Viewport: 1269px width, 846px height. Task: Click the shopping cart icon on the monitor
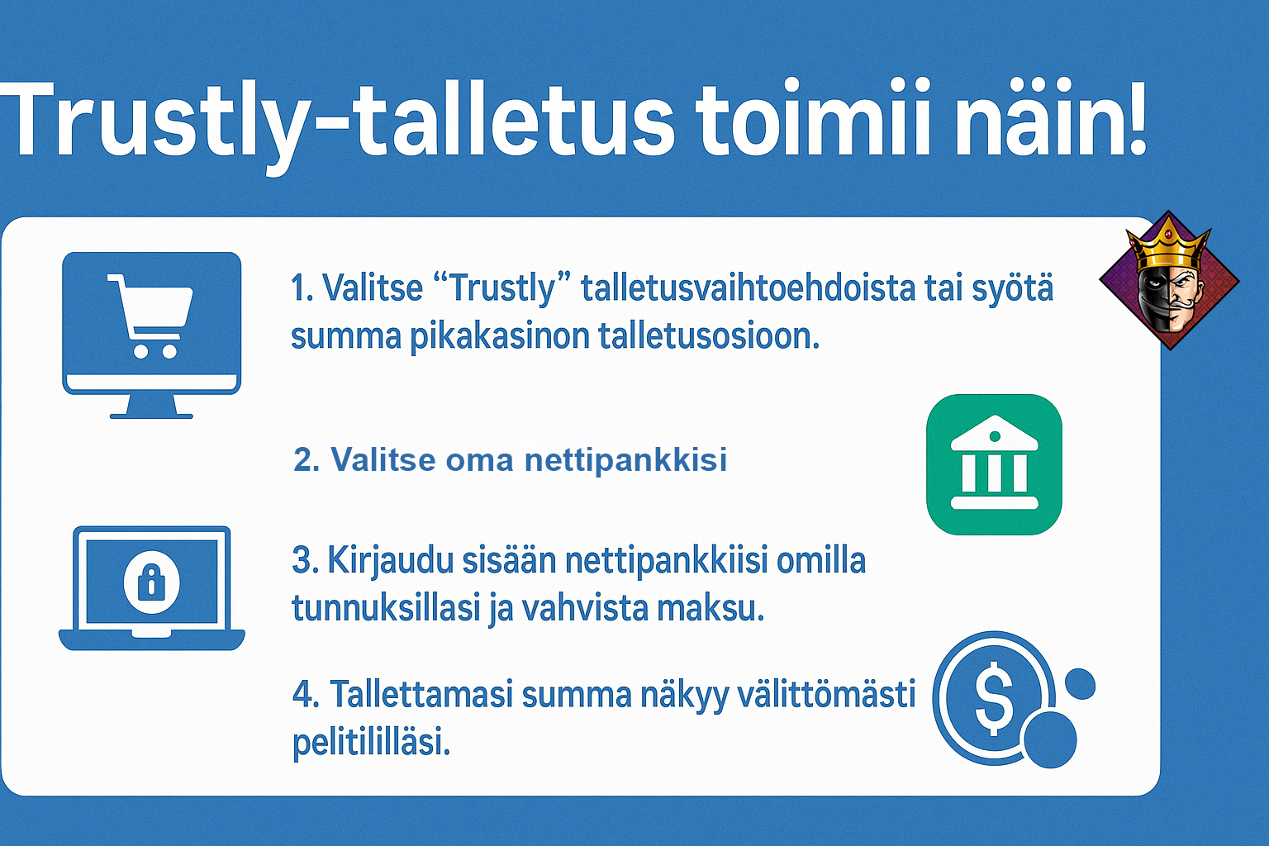click(x=150, y=316)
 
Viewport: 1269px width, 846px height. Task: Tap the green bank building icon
click(x=994, y=464)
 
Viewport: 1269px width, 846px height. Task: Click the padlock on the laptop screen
click(x=151, y=582)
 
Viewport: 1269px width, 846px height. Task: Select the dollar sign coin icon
click(x=994, y=700)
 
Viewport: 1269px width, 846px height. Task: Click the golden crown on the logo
click(x=1169, y=250)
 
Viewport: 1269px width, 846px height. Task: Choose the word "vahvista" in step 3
click(x=583, y=607)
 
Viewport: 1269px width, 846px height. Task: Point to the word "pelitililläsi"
click(x=371, y=742)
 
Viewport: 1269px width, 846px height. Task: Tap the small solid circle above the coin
click(x=1081, y=684)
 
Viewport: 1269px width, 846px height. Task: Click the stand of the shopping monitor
click(x=151, y=406)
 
